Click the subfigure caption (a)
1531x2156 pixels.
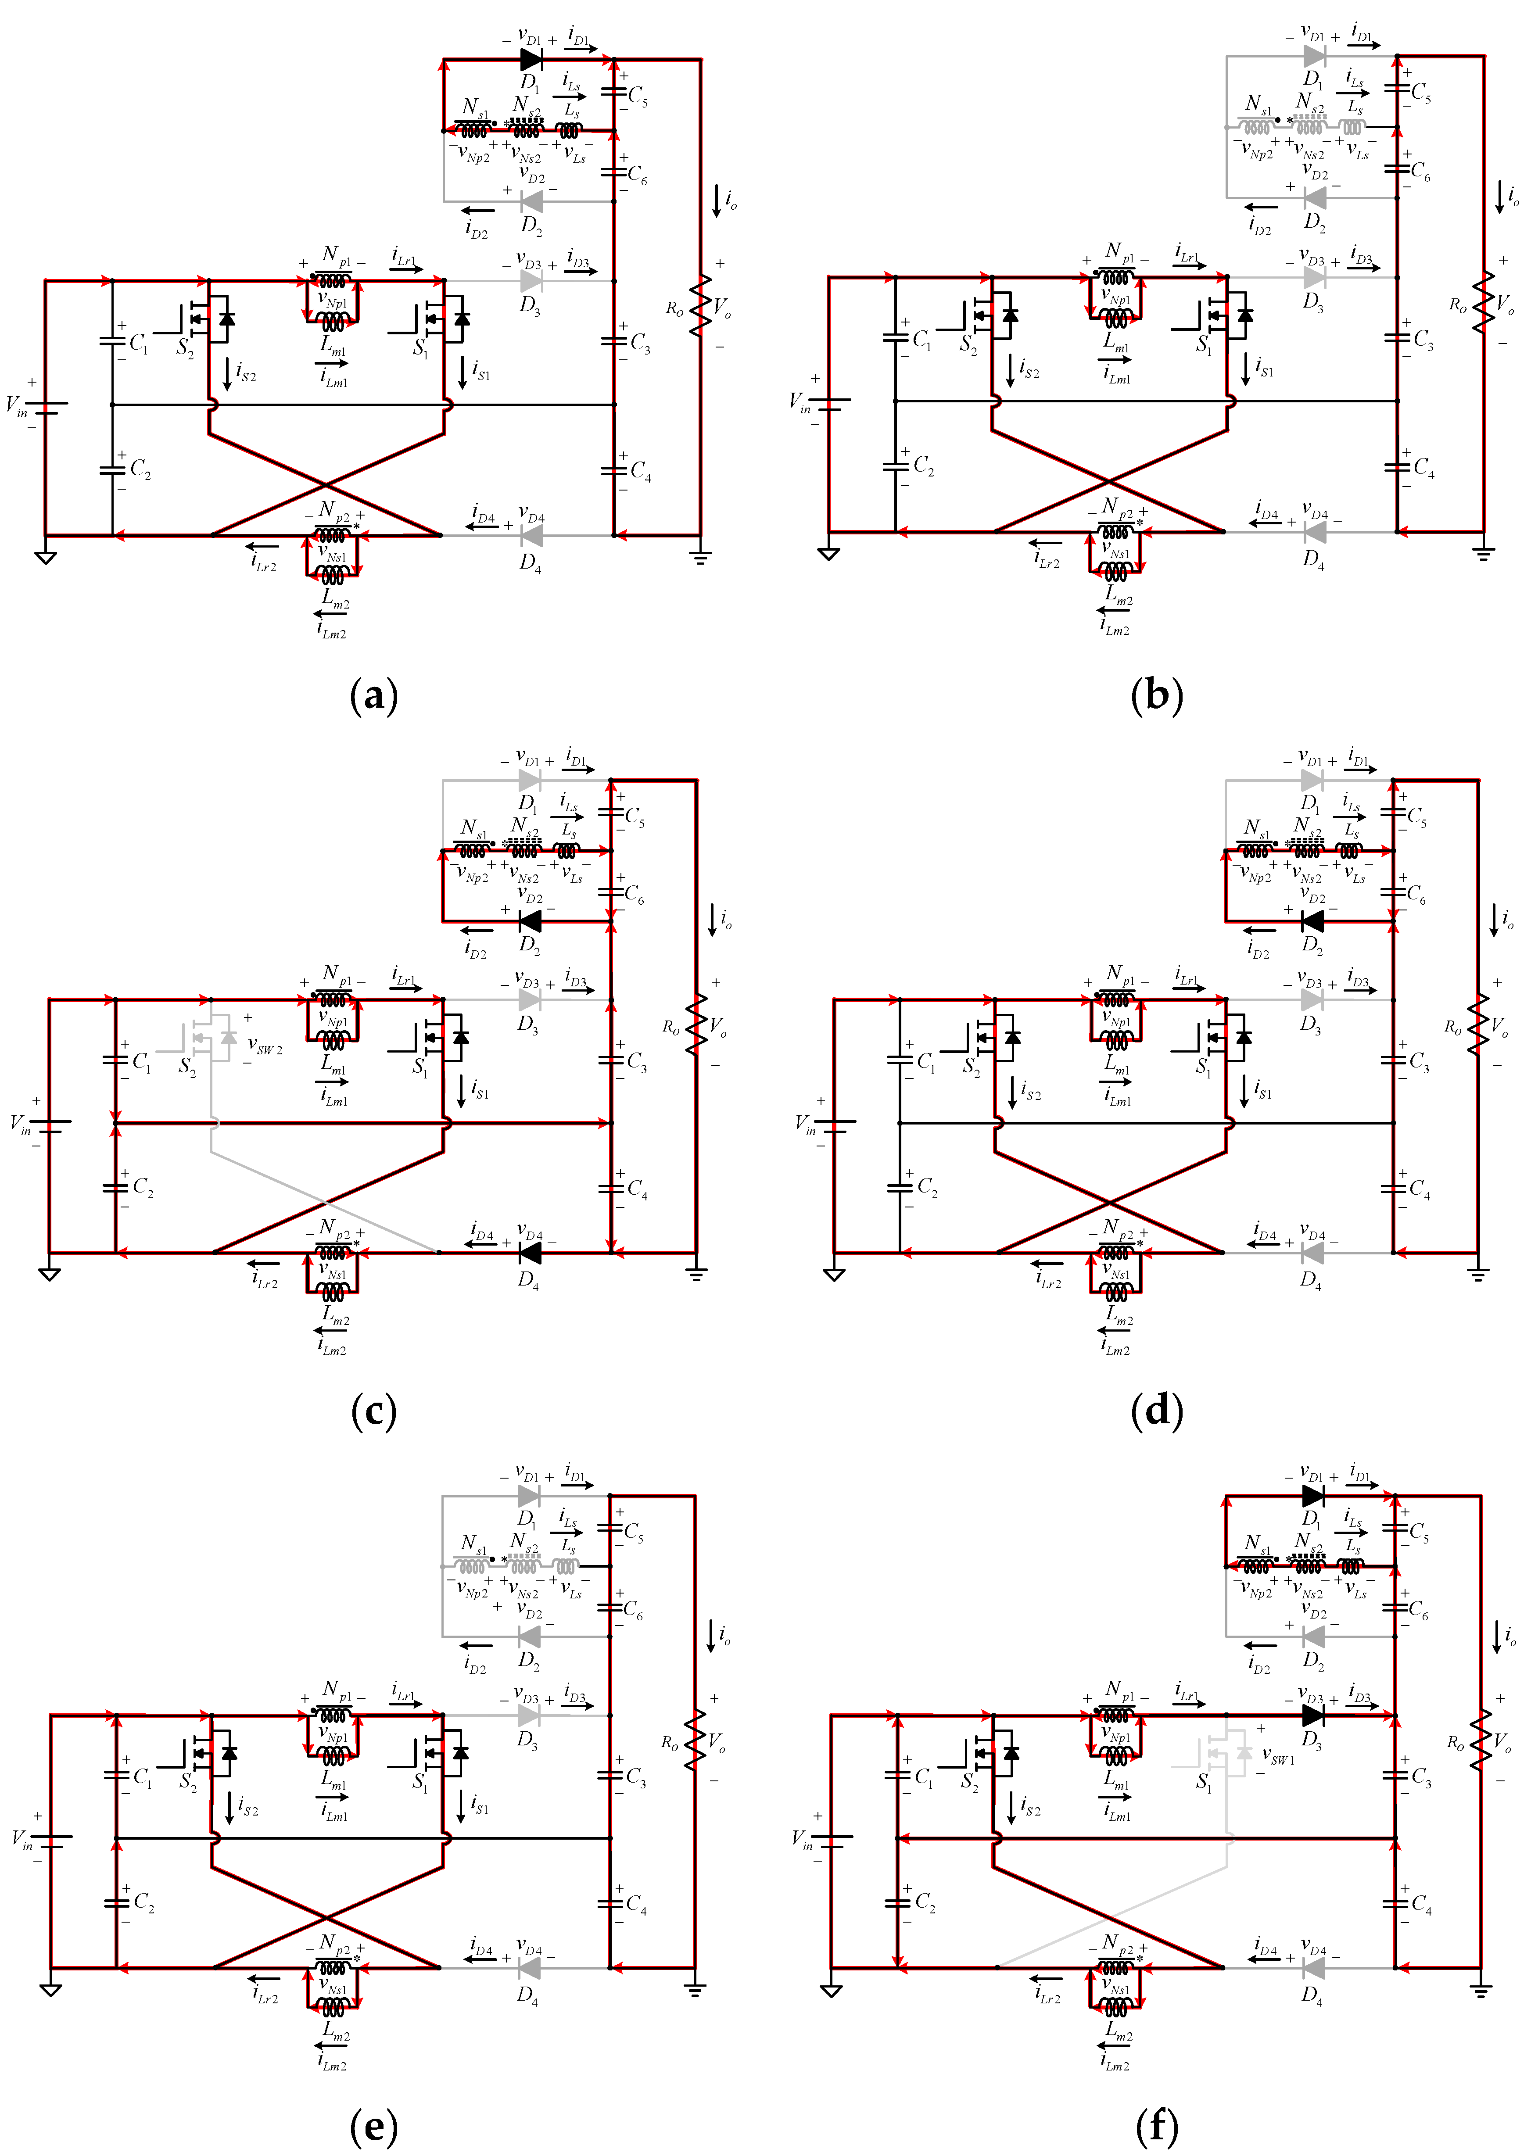(373, 696)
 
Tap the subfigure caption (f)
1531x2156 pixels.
(1157, 2126)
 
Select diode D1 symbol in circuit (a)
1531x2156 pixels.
(531, 59)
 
